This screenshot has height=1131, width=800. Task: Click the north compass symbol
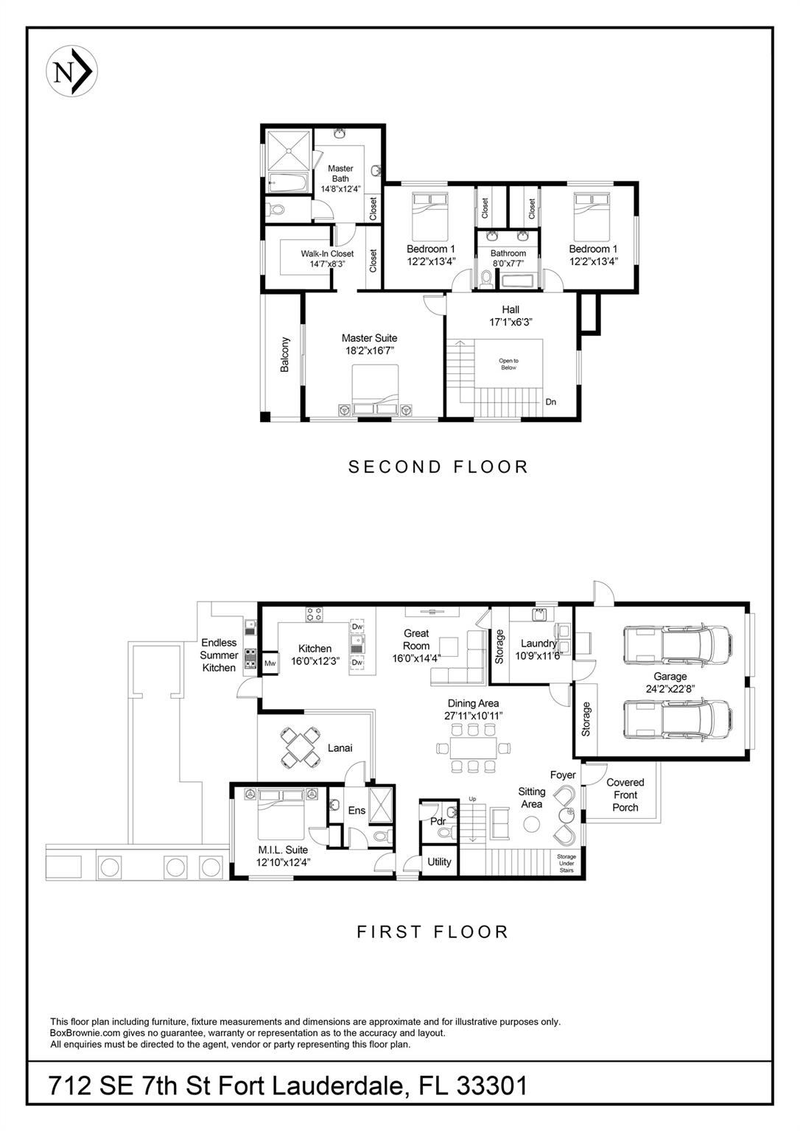(x=71, y=72)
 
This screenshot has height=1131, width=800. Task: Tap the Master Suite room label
(x=369, y=338)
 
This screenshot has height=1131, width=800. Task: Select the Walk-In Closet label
(x=327, y=253)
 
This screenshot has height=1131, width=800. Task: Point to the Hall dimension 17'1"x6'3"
(x=510, y=322)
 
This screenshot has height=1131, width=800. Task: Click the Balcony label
(x=285, y=354)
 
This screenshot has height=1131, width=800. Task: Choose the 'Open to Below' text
(x=508, y=364)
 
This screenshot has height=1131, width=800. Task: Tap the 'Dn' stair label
(x=550, y=402)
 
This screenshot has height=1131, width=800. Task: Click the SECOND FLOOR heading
(x=438, y=467)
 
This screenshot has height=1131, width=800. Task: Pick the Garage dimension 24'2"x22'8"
(x=670, y=688)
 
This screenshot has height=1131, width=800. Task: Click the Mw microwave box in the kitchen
(x=270, y=663)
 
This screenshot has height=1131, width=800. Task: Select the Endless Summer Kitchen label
(x=220, y=655)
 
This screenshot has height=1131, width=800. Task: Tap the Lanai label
(x=340, y=748)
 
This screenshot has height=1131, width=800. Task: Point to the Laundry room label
(x=539, y=644)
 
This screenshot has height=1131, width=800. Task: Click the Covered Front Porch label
(x=625, y=794)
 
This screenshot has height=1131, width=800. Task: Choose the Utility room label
(x=439, y=862)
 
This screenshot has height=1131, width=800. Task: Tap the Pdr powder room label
(x=438, y=822)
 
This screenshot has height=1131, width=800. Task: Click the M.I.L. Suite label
(x=283, y=850)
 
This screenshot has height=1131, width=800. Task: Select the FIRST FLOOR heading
(x=432, y=931)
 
